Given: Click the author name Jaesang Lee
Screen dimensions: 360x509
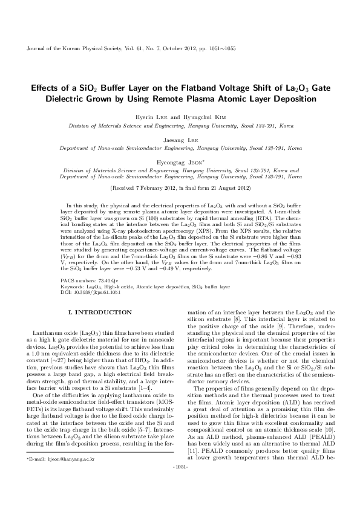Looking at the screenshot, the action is [x=180, y=139].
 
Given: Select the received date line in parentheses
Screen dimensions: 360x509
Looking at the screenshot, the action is [x=180, y=188].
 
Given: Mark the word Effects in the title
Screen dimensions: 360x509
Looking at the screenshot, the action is [x=40, y=88].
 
